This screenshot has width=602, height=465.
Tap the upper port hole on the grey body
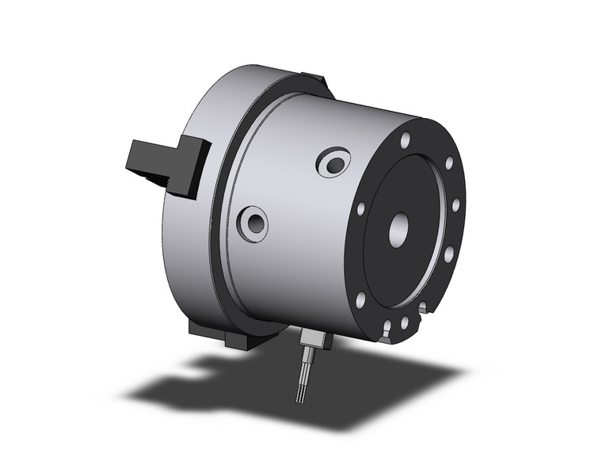pos(333,164)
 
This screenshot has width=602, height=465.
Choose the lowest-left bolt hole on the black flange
pos(360,299)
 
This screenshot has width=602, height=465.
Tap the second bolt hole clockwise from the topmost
pos(448,162)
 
